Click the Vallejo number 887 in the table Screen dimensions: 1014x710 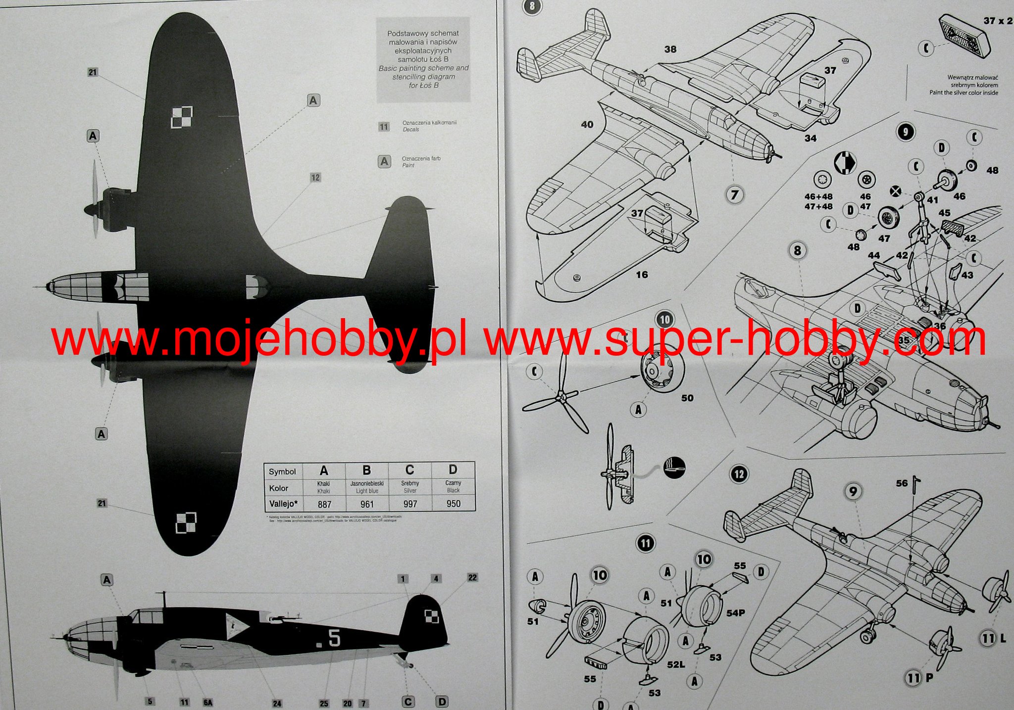[324, 504]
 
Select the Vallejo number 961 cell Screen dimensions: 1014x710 [367, 504]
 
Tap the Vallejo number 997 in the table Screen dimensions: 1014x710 [410, 504]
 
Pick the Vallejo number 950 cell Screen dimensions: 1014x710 [453, 504]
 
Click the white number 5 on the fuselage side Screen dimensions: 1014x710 [334, 638]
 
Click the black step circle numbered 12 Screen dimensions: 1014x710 [739, 474]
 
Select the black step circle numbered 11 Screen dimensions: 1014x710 [645, 544]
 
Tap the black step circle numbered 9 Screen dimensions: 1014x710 [905, 132]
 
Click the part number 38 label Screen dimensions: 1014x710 [670, 49]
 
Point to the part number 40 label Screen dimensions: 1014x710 [587, 125]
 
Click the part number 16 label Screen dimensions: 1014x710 [642, 275]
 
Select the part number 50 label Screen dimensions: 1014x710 [687, 398]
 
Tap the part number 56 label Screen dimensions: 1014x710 [902, 483]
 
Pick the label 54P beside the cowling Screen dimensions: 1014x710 [735, 613]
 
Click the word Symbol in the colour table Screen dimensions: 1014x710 [282, 472]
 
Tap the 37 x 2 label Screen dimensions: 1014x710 [997, 21]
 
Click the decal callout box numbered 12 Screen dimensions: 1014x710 [315, 178]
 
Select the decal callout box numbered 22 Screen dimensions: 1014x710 [472, 577]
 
